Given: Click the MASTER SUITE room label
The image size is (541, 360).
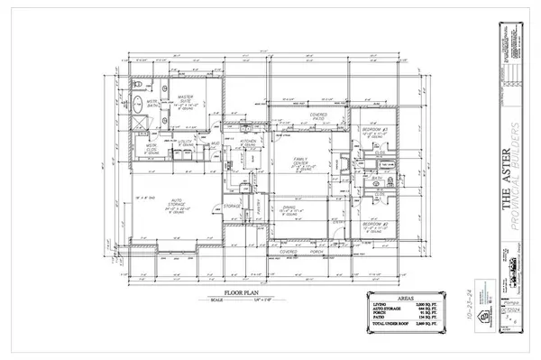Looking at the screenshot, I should click(x=188, y=99).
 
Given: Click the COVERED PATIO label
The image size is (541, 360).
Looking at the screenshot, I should click(x=317, y=116).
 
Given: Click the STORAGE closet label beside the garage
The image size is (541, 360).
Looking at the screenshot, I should click(x=232, y=206).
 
